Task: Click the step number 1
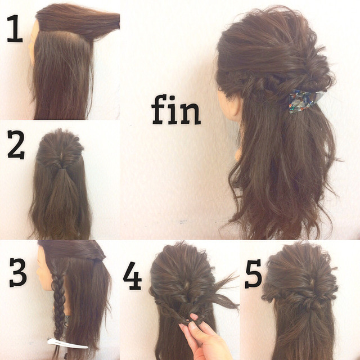(x=16, y=29)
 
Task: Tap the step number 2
(x=16, y=145)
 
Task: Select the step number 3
(x=18, y=272)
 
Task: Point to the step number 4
(x=132, y=276)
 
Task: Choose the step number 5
(x=254, y=274)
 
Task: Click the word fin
(x=176, y=110)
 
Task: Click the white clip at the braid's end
(x=67, y=343)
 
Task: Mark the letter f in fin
(x=159, y=110)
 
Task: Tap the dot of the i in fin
(x=173, y=97)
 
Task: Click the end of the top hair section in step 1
(x=118, y=21)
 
